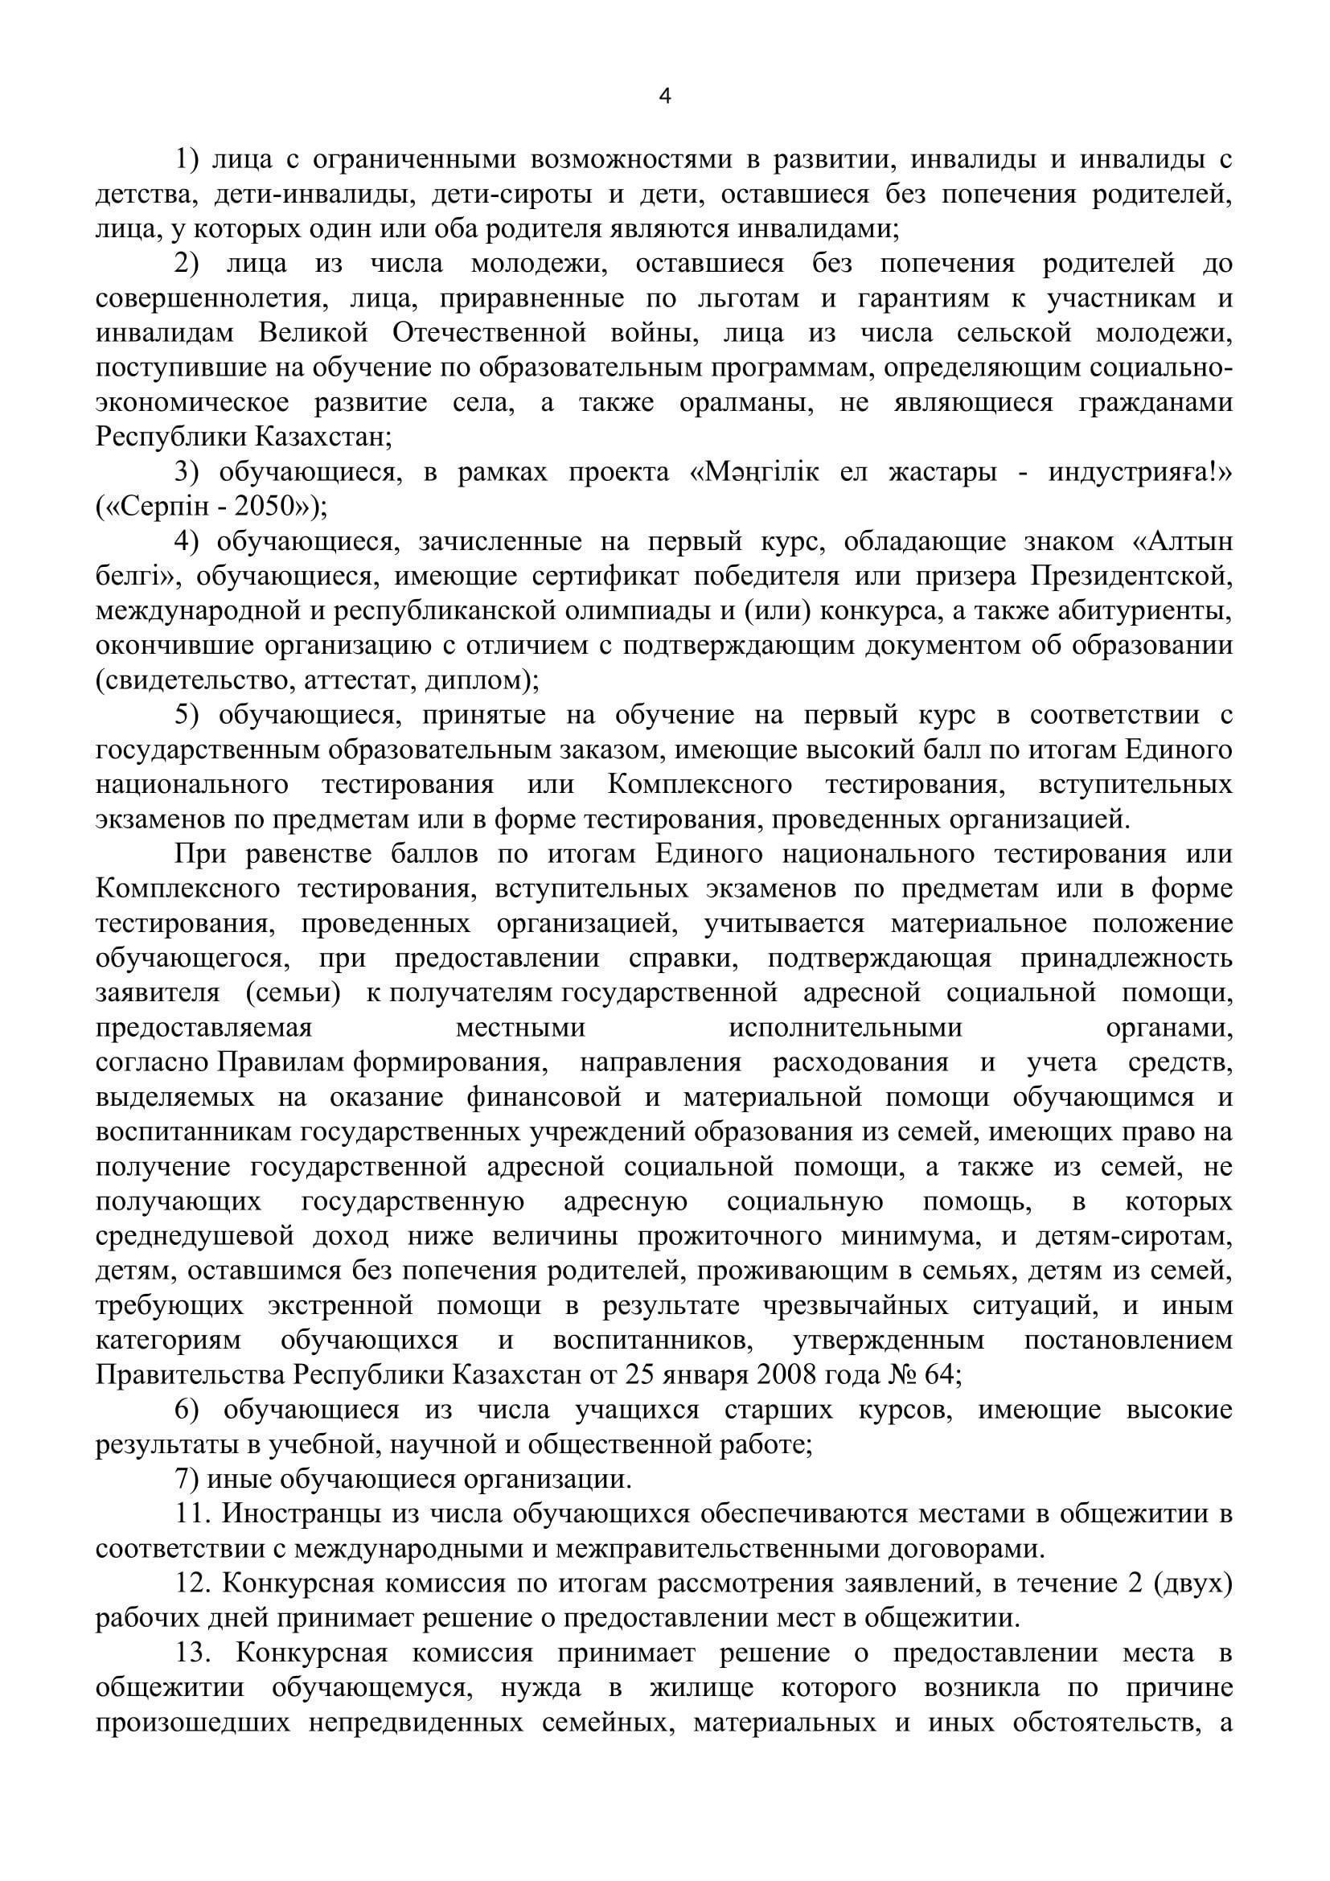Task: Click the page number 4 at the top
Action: [665, 97]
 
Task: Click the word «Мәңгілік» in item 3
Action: [755, 473]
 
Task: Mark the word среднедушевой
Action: [183, 1236]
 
